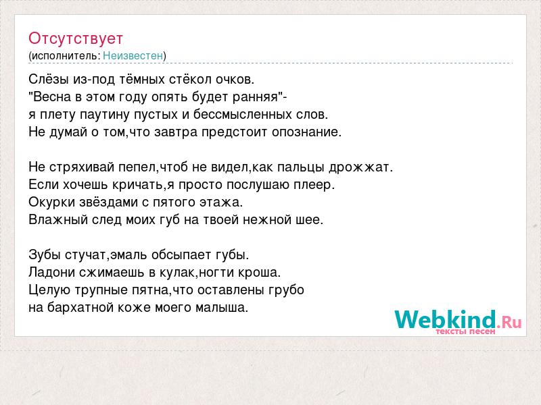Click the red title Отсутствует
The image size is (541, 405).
76,38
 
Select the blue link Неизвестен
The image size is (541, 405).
133,55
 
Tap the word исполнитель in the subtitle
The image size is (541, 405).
66,56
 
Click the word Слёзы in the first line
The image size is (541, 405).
49,80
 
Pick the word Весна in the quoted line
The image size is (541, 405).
52,97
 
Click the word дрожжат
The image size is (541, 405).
360,167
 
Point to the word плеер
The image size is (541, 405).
314,185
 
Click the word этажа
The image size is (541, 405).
222,202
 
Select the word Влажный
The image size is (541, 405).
58,220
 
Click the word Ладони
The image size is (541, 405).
52,273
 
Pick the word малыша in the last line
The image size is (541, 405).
222,308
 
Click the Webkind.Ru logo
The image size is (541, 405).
458,319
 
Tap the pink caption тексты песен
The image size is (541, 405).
465,331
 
